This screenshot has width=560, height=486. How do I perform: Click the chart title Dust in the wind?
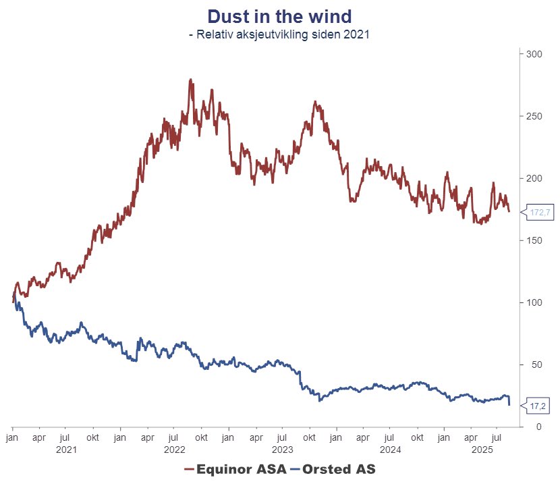279,16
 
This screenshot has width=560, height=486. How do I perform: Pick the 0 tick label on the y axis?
528,427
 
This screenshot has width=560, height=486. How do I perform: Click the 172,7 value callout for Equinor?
540,213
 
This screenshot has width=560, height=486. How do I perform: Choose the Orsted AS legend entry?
337,468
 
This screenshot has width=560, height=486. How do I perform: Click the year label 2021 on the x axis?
66,449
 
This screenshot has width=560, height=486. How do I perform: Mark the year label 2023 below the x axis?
282,449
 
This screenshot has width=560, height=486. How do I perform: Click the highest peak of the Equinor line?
191,80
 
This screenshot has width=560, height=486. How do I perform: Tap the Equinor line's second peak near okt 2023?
315,102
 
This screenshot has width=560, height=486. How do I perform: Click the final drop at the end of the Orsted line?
509,403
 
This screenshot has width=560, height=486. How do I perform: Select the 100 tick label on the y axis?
533,302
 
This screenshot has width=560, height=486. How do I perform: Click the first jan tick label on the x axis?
13,437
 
